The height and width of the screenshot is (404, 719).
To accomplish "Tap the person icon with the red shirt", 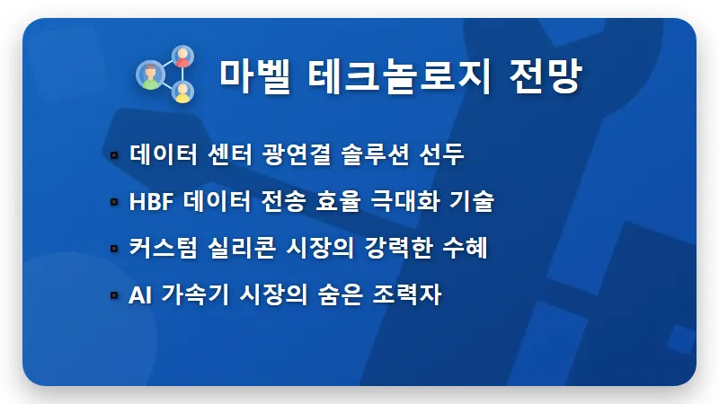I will tap(182, 58).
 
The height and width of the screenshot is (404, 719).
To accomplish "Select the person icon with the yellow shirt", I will tap(182, 92).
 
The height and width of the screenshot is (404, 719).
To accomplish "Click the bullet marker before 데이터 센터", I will tap(114, 155).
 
